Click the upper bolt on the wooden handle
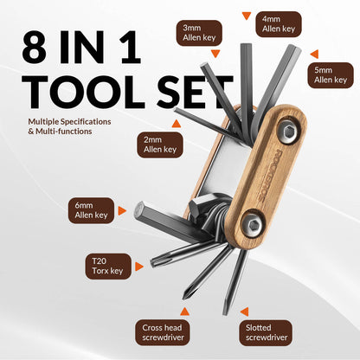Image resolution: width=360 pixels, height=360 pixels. (x=288, y=131)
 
